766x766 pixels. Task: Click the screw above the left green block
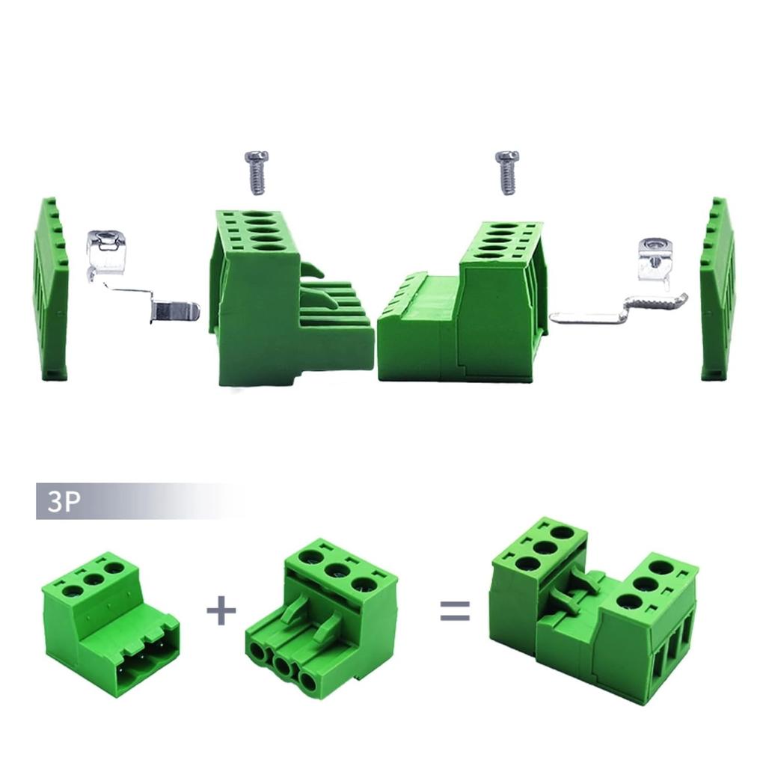[x=257, y=171]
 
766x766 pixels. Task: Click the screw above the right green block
[x=507, y=171]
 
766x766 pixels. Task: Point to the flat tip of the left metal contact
[x=177, y=310]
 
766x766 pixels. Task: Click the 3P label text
[x=63, y=501]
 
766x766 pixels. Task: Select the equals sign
[x=455, y=610]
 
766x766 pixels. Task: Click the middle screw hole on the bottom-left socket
[x=94, y=580]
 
